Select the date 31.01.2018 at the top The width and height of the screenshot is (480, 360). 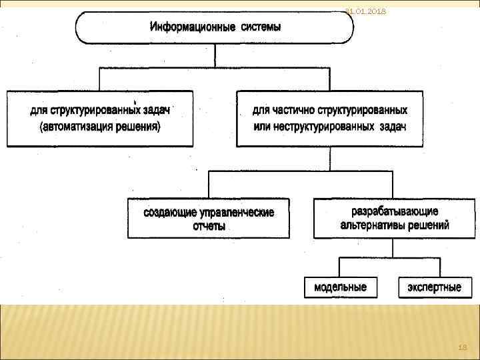point(365,11)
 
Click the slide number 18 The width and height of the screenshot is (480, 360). point(462,347)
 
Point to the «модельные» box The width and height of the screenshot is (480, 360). point(340,287)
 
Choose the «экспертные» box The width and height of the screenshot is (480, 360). point(434,287)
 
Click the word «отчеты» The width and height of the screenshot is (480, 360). point(209,226)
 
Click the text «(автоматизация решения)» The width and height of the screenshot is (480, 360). point(100,126)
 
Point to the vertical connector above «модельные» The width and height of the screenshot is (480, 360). point(340,267)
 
